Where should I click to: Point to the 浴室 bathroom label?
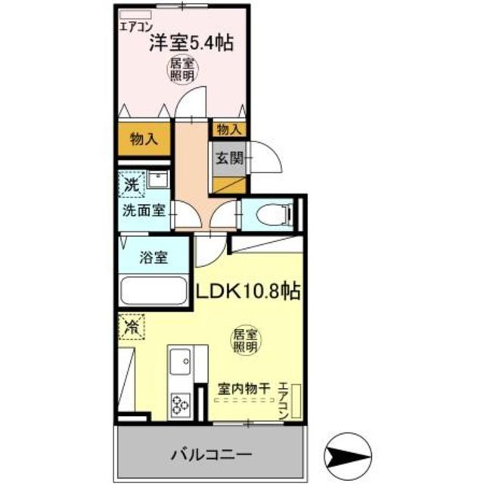tap(154, 257)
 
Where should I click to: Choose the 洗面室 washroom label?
tap(144, 211)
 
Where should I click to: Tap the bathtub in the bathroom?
tap(153, 291)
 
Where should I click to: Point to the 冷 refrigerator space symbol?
tap(132, 327)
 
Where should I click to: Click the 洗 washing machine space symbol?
tap(132, 184)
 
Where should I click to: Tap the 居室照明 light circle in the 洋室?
tap(182, 71)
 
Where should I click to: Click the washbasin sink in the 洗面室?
tap(158, 181)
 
